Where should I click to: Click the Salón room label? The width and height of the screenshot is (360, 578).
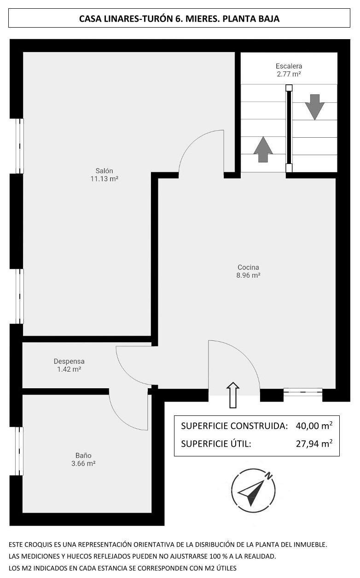(x=104, y=175)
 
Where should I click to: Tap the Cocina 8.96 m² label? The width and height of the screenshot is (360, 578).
(x=248, y=271)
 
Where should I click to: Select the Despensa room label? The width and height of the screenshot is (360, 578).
(x=69, y=365)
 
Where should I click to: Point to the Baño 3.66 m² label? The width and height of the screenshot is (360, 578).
(x=83, y=459)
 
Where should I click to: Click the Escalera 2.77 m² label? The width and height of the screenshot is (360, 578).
(x=289, y=70)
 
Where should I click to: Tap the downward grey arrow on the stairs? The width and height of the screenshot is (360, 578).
(x=314, y=107)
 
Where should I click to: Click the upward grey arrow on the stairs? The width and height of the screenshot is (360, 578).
(x=263, y=150)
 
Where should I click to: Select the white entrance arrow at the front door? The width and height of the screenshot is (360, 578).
(x=233, y=395)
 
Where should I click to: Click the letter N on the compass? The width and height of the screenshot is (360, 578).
(x=269, y=475)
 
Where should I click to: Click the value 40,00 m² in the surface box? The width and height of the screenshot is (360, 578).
(x=314, y=426)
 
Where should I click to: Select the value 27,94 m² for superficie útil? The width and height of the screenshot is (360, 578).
(x=314, y=444)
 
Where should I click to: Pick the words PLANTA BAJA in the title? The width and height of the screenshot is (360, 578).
(x=251, y=18)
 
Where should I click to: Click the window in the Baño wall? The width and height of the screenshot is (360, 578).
(x=19, y=451)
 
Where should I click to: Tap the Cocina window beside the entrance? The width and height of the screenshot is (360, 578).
(x=303, y=392)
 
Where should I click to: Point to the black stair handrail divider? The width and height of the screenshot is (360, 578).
(x=289, y=128)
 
